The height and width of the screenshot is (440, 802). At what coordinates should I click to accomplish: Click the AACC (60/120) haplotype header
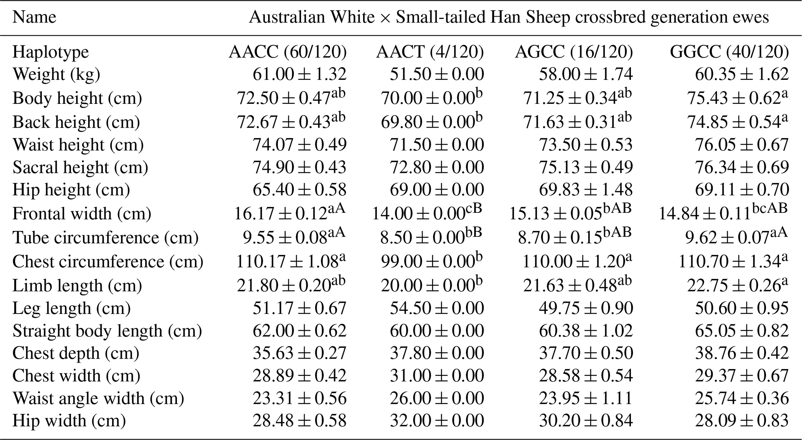click(288, 52)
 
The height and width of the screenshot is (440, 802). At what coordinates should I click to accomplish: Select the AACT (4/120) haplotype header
click(430, 52)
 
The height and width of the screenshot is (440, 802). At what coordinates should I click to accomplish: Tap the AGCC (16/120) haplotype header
click(574, 52)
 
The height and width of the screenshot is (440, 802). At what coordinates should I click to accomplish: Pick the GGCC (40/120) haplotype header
click(729, 52)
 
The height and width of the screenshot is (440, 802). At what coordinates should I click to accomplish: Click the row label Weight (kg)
click(56, 74)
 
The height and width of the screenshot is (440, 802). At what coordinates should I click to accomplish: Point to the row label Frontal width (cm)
click(81, 214)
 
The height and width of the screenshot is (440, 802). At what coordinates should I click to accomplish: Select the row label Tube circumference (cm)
click(105, 238)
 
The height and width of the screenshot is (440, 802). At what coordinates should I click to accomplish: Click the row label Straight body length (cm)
click(107, 331)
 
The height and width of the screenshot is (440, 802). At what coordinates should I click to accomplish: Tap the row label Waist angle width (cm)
click(98, 399)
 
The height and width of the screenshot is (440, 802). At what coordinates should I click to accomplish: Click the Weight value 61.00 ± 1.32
click(300, 74)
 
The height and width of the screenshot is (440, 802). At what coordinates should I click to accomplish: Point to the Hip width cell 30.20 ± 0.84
click(586, 421)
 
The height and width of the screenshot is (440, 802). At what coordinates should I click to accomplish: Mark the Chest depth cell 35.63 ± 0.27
click(300, 353)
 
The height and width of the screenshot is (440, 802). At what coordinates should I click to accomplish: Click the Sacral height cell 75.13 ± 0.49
click(586, 167)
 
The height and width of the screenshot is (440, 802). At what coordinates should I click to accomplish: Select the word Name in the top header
click(34, 17)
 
